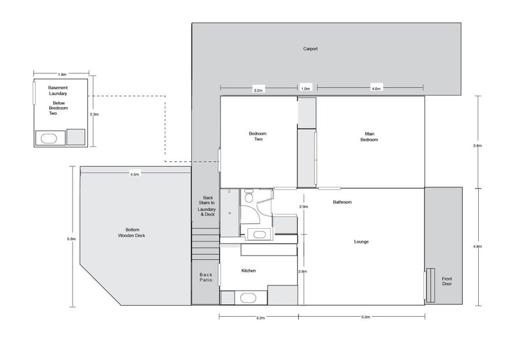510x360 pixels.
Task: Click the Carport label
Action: (310, 49)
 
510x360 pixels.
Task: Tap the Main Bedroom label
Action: (369, 136)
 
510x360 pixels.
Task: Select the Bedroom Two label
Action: (258, 136)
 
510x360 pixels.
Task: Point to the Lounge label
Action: (361, 241)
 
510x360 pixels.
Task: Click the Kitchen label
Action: (249, 271)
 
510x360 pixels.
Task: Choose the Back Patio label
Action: (206, 277)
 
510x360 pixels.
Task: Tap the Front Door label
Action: (447, 281)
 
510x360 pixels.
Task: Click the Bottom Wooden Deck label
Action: (131, 233)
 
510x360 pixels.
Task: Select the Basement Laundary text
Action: (58, 90)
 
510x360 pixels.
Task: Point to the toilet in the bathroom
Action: (249, 197)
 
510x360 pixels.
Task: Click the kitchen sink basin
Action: (248, 298)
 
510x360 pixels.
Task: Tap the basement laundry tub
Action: (49, 138)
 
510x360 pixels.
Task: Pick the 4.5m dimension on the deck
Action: (135, 175)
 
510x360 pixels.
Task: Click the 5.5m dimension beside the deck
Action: (71, 239)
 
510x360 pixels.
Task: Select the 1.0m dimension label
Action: (305, 89)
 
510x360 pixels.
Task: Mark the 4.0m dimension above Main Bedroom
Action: (376, 89)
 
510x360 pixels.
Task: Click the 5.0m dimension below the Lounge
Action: (365, 317)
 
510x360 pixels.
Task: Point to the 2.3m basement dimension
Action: (94, 115)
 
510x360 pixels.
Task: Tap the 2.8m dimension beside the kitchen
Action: (302, 271)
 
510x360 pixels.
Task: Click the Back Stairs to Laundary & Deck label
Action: (207, 206)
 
